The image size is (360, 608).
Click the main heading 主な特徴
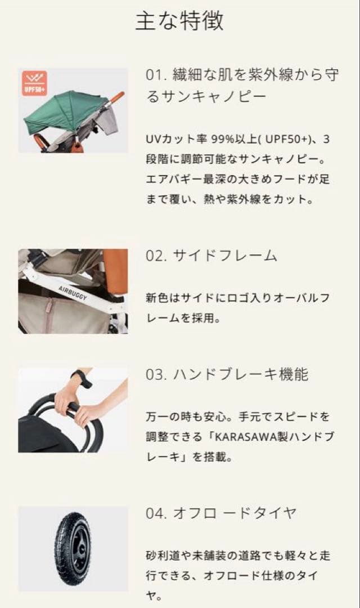pyautogui.click(x=179, y=21)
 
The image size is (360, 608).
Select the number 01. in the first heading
pyautogui.click(x=155, y=75)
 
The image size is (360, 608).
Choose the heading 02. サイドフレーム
pyautogui.click(x=211, y=256)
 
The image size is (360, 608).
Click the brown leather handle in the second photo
pyautogui.click(x=115, y=270)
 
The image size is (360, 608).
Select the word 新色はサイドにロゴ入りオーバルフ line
pyautogui.click(x=238, y=297)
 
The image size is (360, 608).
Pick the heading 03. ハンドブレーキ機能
pyautogui.click(x=227, y=374)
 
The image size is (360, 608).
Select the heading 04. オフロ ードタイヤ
pyautogui.click(x=221, y=513)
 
